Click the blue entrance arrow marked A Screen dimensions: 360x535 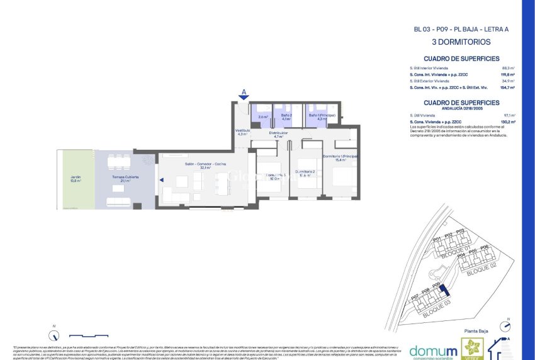point(244,96)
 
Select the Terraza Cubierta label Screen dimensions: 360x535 point(125,179)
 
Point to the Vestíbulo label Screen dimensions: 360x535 point(244,132)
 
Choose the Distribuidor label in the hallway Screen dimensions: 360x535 point(278,135)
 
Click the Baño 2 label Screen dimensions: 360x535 point(286,116)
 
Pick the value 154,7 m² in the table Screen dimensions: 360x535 point(507,88)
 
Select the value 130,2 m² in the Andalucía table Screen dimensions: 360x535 point(507,121)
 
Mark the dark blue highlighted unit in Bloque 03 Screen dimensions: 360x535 point(444,290)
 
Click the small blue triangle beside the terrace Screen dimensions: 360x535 point(161,181)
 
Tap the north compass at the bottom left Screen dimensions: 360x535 point(53,334)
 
